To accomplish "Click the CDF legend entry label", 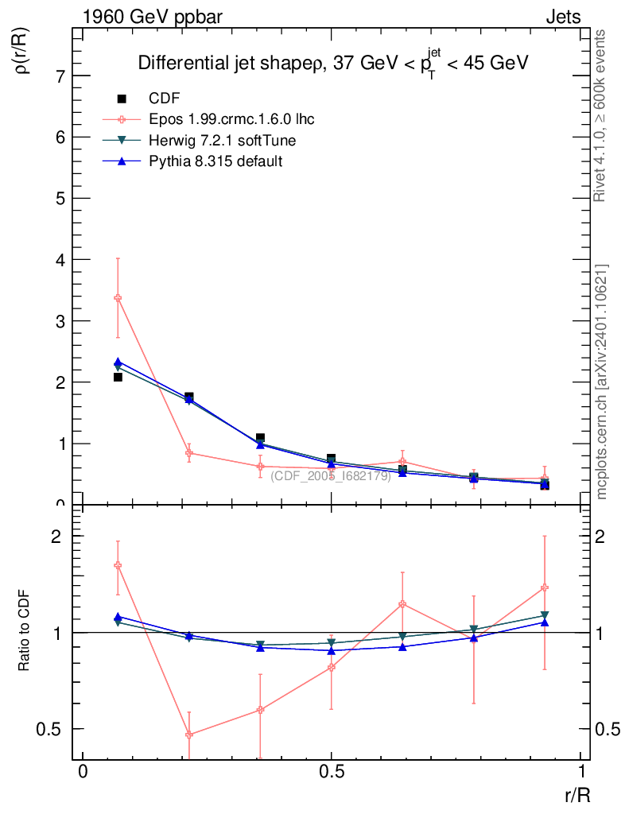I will (x=165, y=99).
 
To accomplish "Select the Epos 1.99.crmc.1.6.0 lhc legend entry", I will (x=231, y=119).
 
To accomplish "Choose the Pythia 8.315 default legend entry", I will (x=215, y=161).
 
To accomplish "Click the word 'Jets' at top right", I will (x=563, y=17).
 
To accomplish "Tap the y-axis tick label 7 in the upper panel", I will (x=60, y=76).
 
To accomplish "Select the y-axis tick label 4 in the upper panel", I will (x=60, y=260).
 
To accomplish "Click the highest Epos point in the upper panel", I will (x=118, y=298).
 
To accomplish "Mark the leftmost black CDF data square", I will (x=118, y=377).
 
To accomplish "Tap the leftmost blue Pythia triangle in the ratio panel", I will (x=118, y=616).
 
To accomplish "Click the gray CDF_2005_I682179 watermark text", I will (x=331, y=475).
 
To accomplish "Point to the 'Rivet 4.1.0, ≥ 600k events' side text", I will (x=601, y=116).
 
